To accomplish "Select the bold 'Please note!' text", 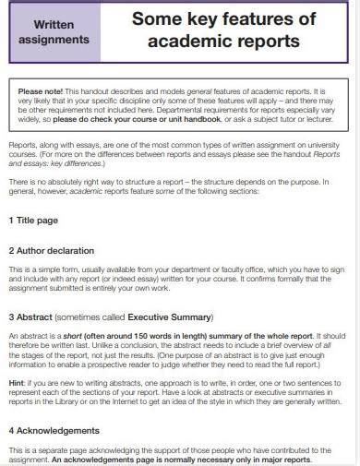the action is [39, 92].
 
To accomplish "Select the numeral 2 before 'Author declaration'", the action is [11, 250].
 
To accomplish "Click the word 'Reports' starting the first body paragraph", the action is [23, 146].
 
